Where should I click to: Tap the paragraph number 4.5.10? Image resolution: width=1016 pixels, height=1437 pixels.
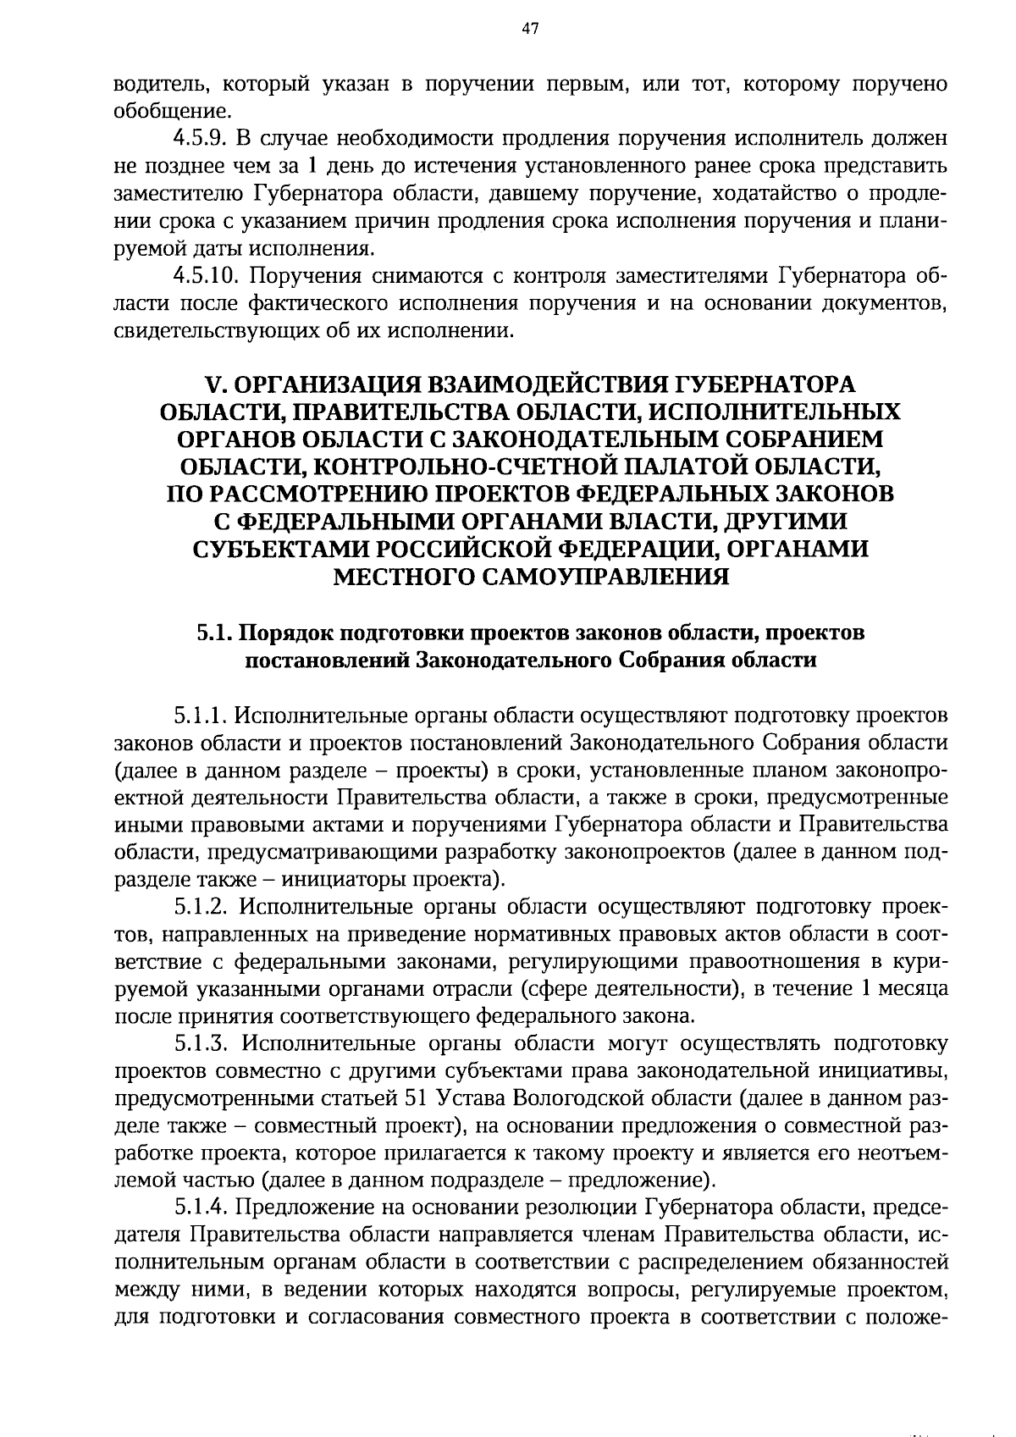206,276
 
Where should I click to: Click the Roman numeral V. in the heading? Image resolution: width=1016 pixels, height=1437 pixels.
216,384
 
